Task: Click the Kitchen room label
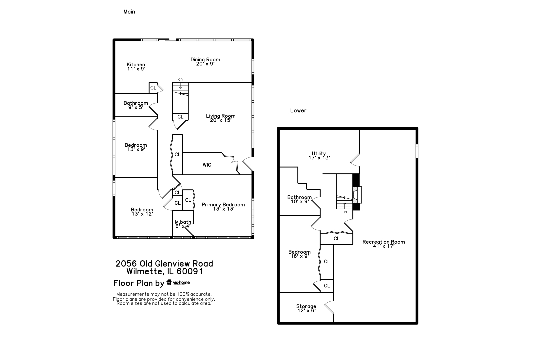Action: click(136, 65)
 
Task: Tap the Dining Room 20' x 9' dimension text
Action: click(205, 64)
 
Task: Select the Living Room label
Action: click(221, 116)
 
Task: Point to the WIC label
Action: click(207, 165)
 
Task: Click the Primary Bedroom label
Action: click(223, 205)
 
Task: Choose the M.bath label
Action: click(183, 222)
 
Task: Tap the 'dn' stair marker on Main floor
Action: click(180, 79)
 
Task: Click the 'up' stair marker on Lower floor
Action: click(345, 212)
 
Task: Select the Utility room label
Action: click(319, 153)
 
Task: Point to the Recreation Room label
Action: click(384, 242)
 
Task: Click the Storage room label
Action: click(306, 306)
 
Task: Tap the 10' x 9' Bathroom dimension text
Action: click(300, 202)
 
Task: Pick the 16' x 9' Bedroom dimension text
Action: click(300, 256)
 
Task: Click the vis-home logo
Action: click(178, 282)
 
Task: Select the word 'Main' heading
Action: click(129, 12)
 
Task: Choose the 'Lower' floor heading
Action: click(298, 110)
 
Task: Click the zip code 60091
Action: click(190, 272)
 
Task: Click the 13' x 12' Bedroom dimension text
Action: click(142, 214)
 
